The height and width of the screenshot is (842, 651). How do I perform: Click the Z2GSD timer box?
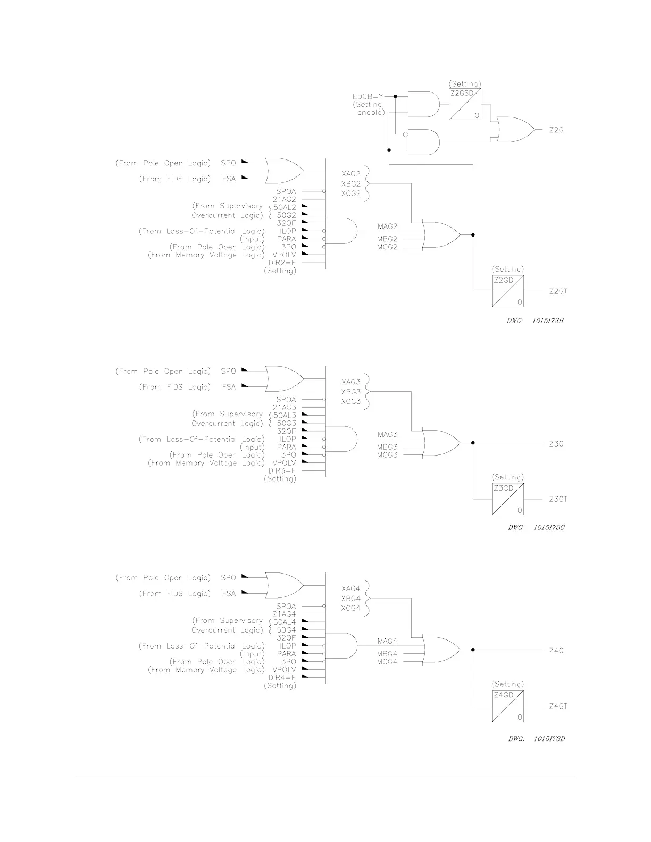pos(465,104)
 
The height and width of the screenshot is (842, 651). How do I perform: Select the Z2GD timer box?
pos(508,291)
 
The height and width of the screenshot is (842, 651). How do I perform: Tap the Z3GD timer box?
pos(508,499)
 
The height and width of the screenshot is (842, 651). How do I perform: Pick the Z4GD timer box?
pos(508,705)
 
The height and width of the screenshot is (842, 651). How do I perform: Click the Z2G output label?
pos(556,130)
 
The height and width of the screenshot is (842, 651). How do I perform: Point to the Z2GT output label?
pos(558,291)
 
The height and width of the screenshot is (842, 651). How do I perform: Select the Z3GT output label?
pos(558,499)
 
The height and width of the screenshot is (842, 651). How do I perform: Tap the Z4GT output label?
pos(558,706)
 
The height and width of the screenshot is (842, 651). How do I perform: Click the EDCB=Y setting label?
pos(368,96)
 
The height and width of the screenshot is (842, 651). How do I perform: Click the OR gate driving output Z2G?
pos(514,130)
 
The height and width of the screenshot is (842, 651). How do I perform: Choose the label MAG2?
pos(387,226)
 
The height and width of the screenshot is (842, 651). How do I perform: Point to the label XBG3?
pos(350,392)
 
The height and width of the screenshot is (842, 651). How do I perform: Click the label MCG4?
pos(387,662)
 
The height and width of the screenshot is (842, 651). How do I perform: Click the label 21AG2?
pos(284,199)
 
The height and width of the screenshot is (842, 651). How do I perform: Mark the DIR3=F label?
pos(282,470)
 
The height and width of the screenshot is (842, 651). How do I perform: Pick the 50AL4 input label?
pos(284,622)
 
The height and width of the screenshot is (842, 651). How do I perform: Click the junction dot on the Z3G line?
pos(473,443)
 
